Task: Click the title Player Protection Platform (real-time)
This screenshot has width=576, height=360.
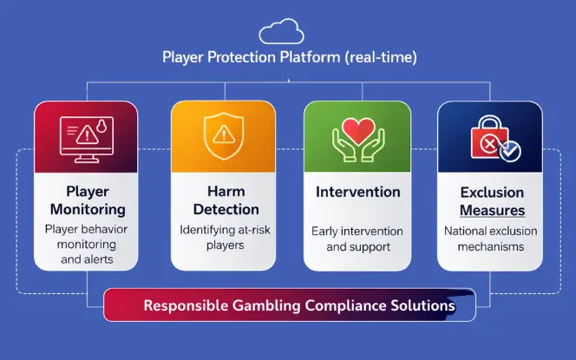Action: tap(287, 58)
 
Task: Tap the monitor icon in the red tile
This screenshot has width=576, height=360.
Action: tap(85, 138)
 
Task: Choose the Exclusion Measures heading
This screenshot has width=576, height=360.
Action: tap(492, 200)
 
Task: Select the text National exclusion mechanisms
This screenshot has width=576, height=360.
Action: tap(491, 239)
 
